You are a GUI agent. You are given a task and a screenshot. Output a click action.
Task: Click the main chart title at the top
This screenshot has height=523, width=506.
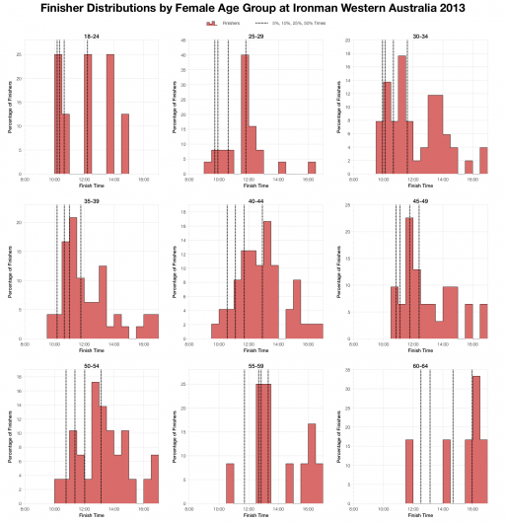[x=253, y=8]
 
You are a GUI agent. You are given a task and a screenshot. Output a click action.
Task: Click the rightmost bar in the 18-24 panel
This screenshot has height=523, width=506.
[x=124, y=144]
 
